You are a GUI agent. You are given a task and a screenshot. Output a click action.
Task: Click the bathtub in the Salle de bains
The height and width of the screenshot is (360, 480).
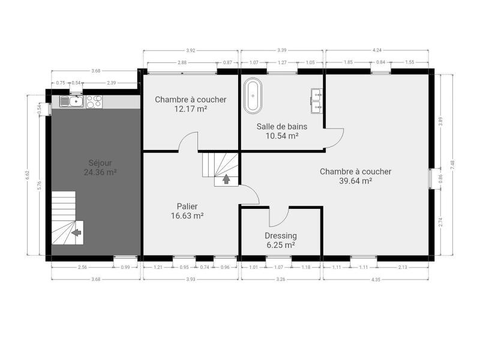pyautogui.click(x=253, y=96)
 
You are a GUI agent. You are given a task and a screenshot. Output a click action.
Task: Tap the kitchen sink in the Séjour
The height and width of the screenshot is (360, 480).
pyautogui.click(x=71, y=101)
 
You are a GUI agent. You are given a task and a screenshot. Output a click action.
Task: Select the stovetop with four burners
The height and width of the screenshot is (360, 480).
pyautogui.click(x=94, y=101)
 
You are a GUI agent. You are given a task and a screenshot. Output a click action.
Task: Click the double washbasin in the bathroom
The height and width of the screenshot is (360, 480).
pyautogui.click(x=317, y=101)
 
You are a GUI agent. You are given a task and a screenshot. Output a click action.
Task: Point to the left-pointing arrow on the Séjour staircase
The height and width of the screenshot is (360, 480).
pyautogui.click(x=76, y=233)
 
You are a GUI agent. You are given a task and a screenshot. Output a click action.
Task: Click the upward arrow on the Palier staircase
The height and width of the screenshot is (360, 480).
pyautogui.click(x=226, y=179)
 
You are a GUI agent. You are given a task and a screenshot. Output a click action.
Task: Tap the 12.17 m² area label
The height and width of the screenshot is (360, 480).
pyautogui.click(x=191, y=109)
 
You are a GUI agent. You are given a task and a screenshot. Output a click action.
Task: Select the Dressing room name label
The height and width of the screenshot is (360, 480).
pyautogui.click(x=281, y=236)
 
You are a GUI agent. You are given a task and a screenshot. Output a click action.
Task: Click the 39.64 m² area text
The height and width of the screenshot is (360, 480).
pyautogui.click(x=355, y=181)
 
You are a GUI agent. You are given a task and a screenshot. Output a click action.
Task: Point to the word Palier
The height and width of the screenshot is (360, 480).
pyautogui.click(x=187, y=206)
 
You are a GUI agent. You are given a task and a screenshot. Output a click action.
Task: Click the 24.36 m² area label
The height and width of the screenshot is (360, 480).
pyautogui.click(x=100, y=172)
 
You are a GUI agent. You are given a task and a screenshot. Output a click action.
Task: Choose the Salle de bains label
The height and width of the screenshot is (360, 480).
pyautogui.click(x=282, y=127)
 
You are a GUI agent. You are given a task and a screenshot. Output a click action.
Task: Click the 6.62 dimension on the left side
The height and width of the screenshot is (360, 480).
pyautogui.click(x=28, y=175)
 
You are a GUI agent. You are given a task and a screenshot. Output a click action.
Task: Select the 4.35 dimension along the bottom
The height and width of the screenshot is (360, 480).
pyautogui.click(x=376, y=280)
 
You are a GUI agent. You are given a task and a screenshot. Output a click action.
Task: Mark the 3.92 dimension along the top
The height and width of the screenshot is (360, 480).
pyautogui.click(x=190, y=50)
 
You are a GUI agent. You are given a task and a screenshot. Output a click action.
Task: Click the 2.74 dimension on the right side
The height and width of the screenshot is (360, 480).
pyautogui.click(x=440, y=222)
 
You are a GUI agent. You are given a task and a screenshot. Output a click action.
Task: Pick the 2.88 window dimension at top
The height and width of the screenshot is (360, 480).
pyautogui.click(x=182, y=62)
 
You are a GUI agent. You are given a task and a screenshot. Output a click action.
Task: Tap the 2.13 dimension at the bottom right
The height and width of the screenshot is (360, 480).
pyautogui.click(x=403, y=267)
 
